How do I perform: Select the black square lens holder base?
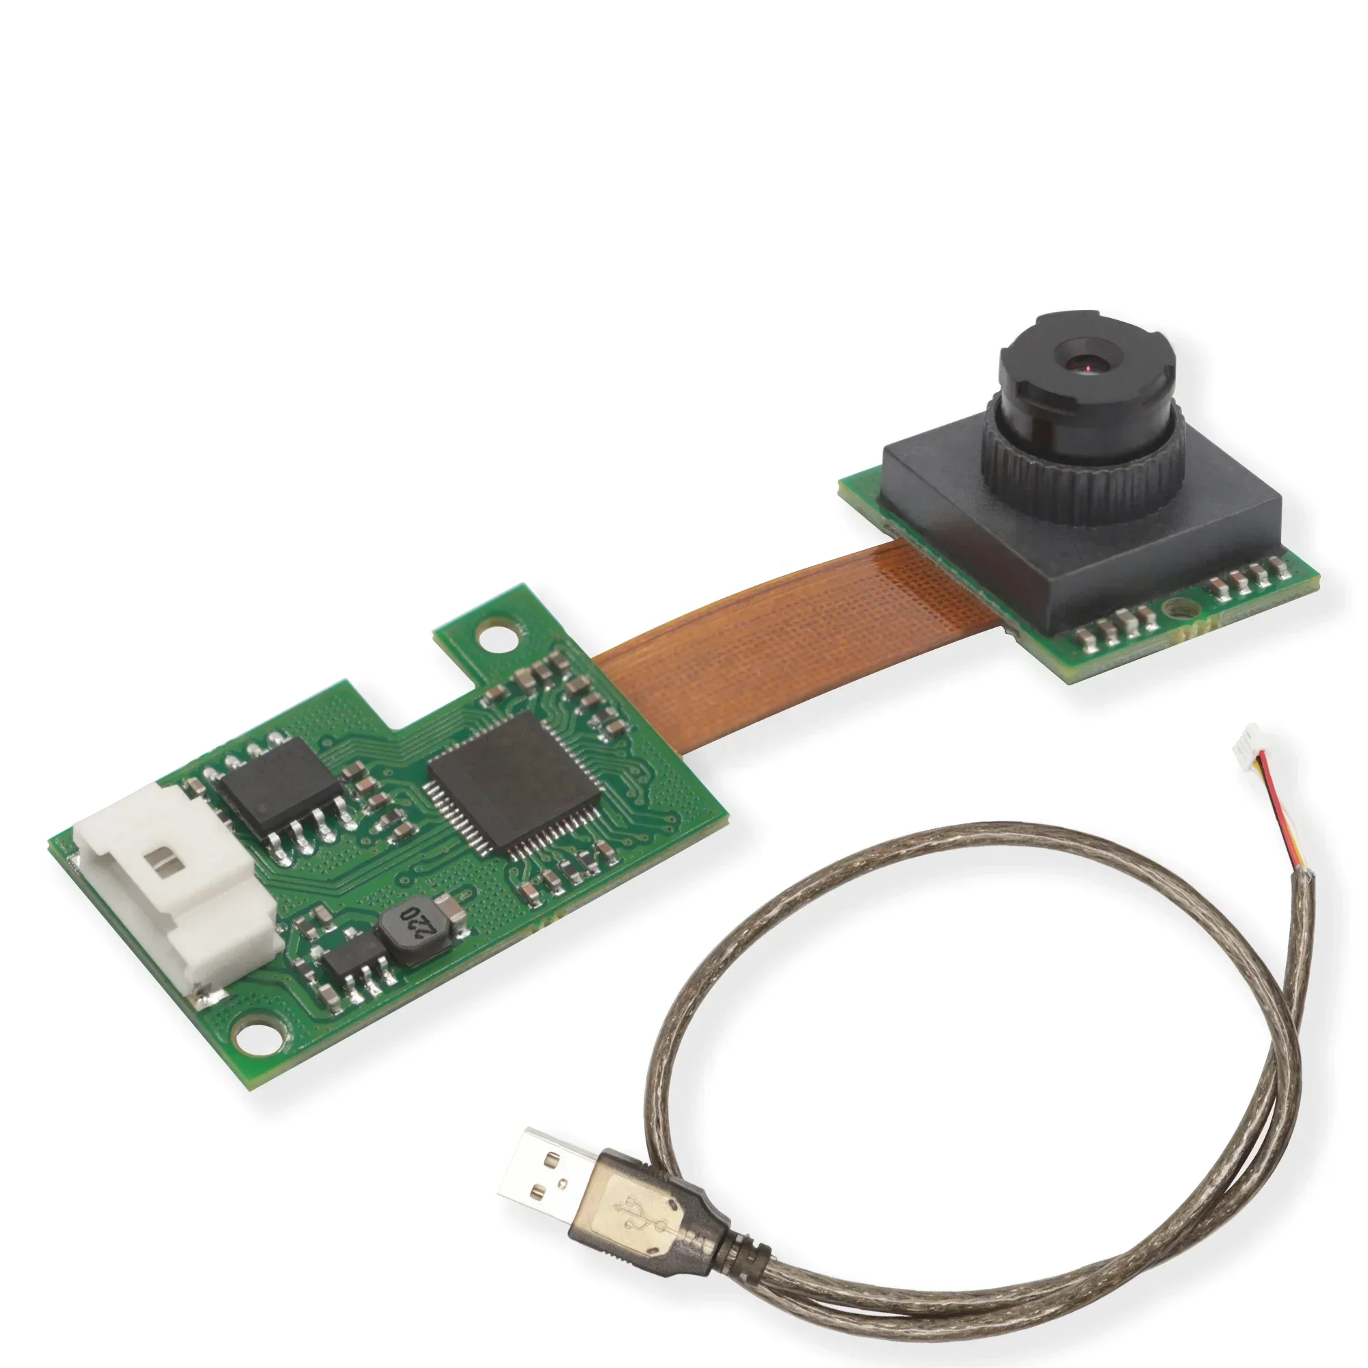point(1081,538)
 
